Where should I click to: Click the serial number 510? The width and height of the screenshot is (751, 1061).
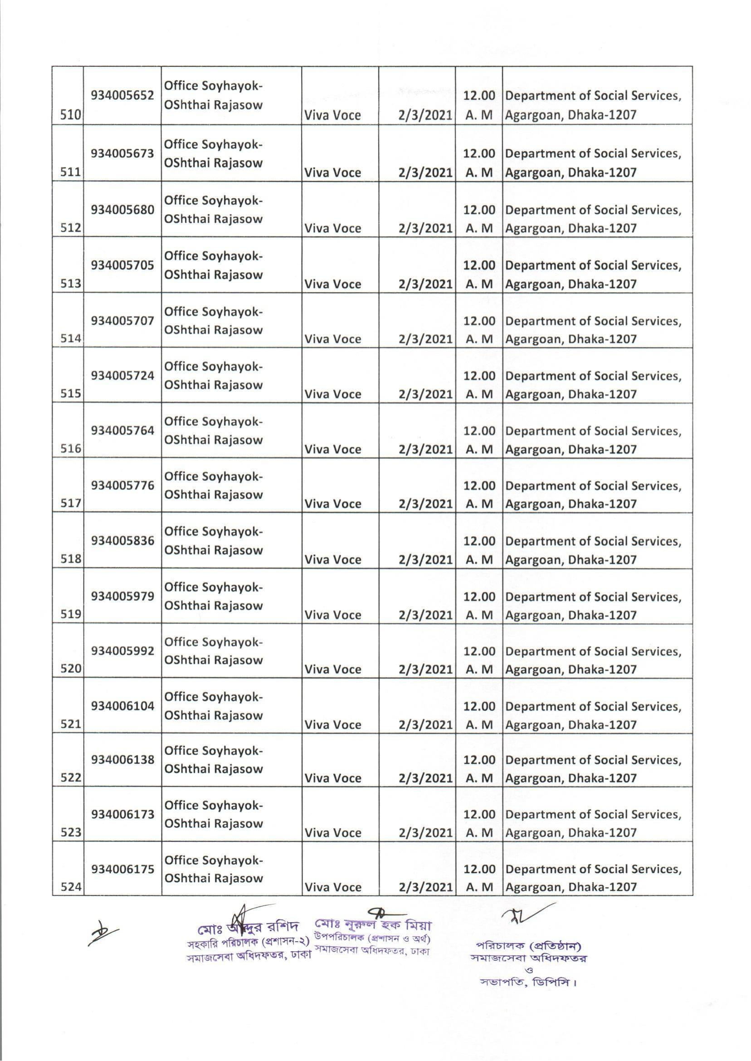point(70,116)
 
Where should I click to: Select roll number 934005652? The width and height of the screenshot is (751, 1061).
point(122,95)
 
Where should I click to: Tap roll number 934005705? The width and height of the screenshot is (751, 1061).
point(122,265)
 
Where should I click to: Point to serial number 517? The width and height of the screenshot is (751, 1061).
point(70,504)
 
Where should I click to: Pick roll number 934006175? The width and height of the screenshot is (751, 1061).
point(122,869)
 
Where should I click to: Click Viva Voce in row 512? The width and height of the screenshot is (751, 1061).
point(332,229)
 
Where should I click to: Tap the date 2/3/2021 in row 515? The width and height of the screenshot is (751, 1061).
point(424,394)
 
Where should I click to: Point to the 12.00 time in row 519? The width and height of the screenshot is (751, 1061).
point(479,596)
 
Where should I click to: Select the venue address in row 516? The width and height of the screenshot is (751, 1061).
point(593,440)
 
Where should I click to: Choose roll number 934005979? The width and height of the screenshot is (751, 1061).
point(122,596)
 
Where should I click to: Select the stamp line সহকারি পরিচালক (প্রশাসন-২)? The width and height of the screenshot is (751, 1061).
point(248,943)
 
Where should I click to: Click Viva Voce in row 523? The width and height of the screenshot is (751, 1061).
point(332,832)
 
